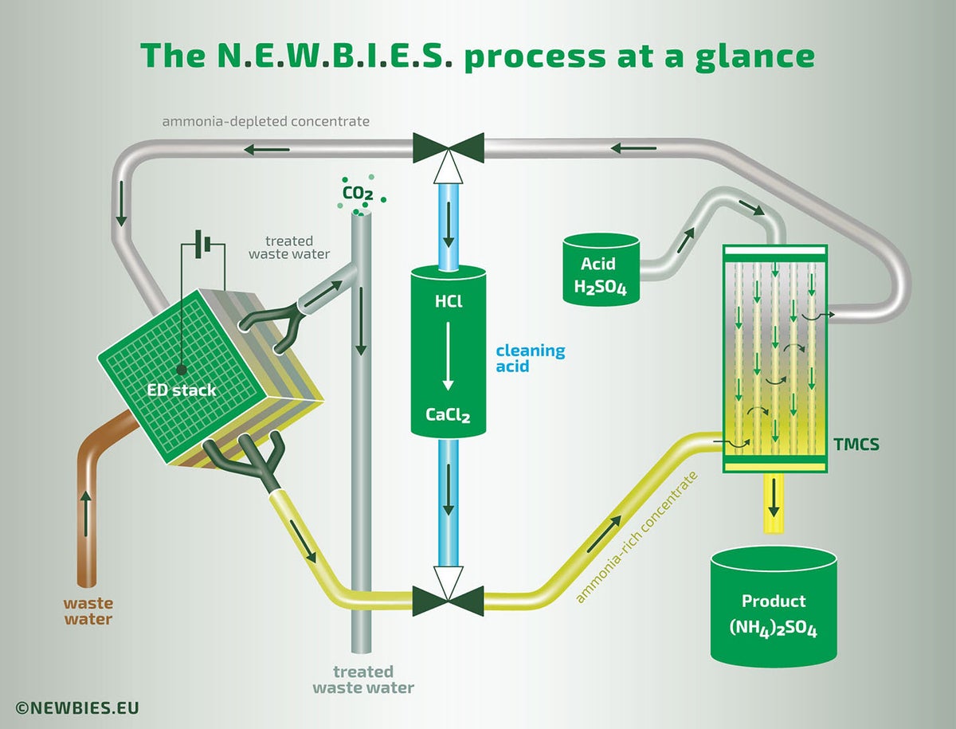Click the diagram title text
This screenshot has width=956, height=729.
477,56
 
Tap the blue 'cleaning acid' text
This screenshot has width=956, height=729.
530,359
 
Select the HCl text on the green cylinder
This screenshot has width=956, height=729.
449,303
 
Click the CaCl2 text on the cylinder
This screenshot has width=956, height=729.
448,416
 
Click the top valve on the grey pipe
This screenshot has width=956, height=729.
449,148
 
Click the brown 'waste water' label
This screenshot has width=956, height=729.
88,611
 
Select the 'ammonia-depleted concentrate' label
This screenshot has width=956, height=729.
265,122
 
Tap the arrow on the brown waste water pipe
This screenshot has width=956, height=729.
86,504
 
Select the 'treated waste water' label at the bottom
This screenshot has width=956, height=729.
363,680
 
